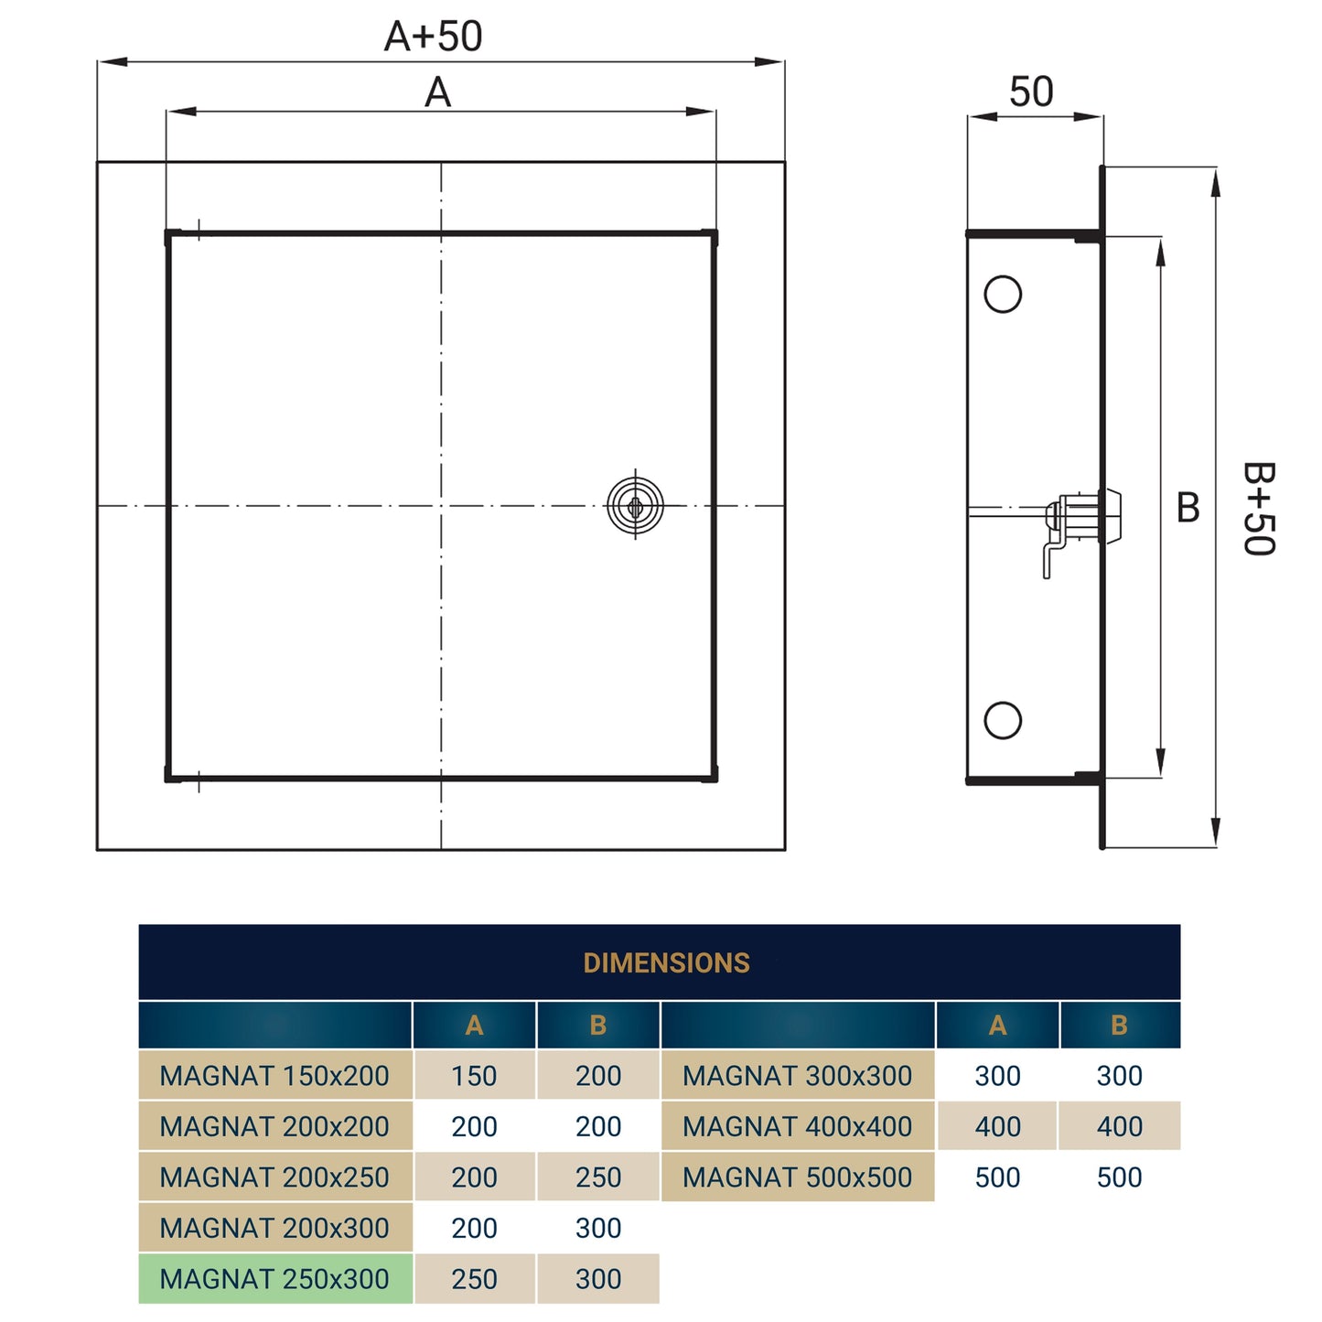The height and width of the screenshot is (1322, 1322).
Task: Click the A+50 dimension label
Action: (433, 37)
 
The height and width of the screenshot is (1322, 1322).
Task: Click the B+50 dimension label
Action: (1258, 509)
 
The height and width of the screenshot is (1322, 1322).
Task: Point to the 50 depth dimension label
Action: (1031, 91)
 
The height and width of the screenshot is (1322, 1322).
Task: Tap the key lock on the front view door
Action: (635, 505)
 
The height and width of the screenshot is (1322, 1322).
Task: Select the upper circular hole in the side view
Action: (1003, 295)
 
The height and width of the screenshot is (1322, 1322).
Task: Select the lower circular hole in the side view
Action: (1003, 720)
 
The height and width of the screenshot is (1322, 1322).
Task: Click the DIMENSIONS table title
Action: (666, 962)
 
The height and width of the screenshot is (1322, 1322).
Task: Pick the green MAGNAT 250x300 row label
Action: (274, 1278)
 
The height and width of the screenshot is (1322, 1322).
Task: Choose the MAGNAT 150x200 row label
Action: (274, 1076)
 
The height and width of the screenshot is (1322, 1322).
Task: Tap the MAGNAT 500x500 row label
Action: (797, 1177)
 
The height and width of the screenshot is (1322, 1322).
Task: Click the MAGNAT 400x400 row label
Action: (797, 1126)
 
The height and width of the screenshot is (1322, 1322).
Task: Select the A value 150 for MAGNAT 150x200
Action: (474, 1076)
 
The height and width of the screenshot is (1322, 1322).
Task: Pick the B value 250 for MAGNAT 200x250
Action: (598, 1177)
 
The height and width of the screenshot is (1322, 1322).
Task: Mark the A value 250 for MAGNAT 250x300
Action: (474, 1278)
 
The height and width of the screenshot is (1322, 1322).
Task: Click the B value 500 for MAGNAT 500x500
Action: (1119, 1177)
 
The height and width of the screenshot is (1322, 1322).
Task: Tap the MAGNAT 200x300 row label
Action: (274, 1228)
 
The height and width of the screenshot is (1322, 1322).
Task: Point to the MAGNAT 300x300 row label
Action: (797, 1076)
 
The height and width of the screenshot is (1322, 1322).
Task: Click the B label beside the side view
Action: (1188, 508)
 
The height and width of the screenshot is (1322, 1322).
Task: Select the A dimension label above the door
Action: (437, 92)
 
